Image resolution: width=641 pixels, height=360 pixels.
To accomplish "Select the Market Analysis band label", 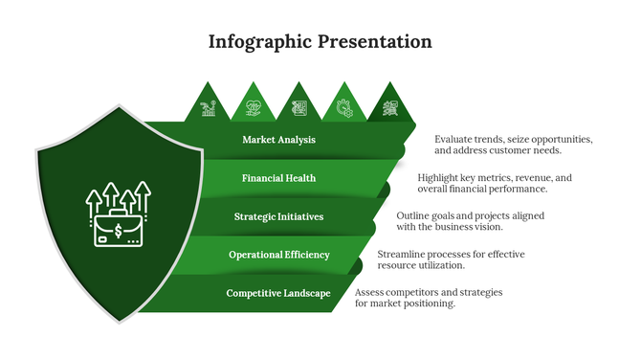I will pyautogui.click(x=278, y=140).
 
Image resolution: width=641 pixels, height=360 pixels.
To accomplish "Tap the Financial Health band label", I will pyautogui.click(x=278, y=178).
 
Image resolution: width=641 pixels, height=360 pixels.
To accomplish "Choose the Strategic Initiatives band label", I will pyautogui.click(x=278, y=216).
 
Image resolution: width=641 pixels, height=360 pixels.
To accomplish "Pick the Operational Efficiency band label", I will pyautogui.click(x=278, y=255).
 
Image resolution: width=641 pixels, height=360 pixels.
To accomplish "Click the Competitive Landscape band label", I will pyautogui.click(x=278, y=293).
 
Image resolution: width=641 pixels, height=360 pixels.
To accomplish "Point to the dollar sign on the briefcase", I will pyautogui.click(x=118, y=231).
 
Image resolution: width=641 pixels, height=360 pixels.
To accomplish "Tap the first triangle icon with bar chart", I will pyautogui.click(x=208, y=108).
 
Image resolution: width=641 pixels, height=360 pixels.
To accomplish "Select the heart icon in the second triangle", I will pyautogui.click(x=254, y=108).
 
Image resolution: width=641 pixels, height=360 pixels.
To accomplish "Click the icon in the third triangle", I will pyautogui.click(x=299, y=108).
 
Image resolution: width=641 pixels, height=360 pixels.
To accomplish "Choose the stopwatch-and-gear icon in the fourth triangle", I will pyautogui.click(x=344, y=108).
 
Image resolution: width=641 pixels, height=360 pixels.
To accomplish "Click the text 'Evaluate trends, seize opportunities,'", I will pyautogui.click(x=514, y=139).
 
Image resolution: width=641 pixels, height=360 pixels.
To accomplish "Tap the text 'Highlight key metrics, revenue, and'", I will pyautogui.click(x=495, y=177).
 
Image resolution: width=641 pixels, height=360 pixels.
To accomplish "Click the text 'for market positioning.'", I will pyautogui.click(x=405, y=304).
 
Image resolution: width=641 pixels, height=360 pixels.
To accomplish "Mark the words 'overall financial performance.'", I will pyautogui.click(x=482, y=189).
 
